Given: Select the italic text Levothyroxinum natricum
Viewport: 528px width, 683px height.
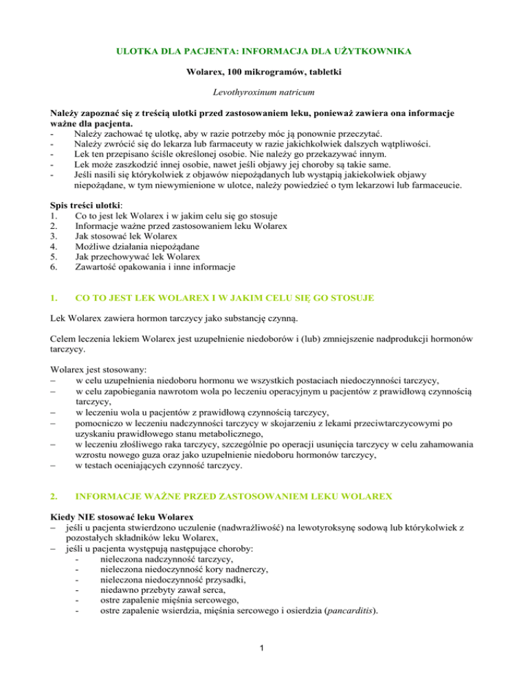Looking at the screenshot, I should coord(264,90).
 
